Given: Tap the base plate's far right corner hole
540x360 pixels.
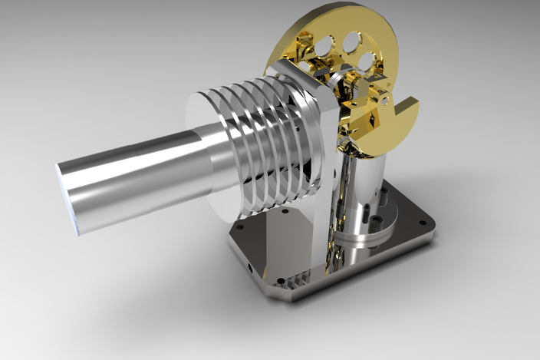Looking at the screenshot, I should coord(421,221).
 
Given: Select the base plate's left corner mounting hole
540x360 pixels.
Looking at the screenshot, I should coord(238,227).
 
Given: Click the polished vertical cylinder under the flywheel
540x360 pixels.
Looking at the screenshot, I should coord(361,188).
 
